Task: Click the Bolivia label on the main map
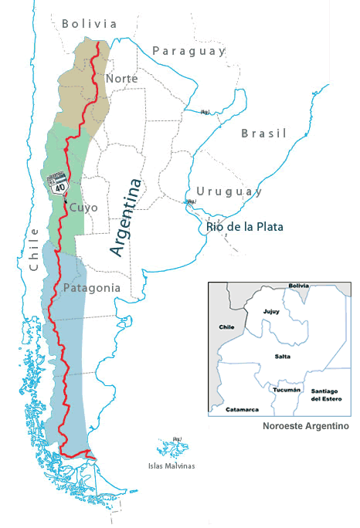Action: click(90, 24)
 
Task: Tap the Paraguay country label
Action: click(188, 51)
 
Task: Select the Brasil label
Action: click(263, 134)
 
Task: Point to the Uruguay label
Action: click(229, 191)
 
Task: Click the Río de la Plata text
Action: click(245, 227)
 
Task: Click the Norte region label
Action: click(122, 79)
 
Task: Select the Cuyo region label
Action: click(83, 208)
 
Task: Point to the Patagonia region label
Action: click(92, 288)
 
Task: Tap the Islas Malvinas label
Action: click(172, 465)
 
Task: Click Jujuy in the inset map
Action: click(270, 313)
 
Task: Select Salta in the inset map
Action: click(282, 356)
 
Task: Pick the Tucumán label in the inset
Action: click(287, 390)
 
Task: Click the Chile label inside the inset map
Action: click(226, 327)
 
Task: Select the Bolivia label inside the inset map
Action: click(298, 286)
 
